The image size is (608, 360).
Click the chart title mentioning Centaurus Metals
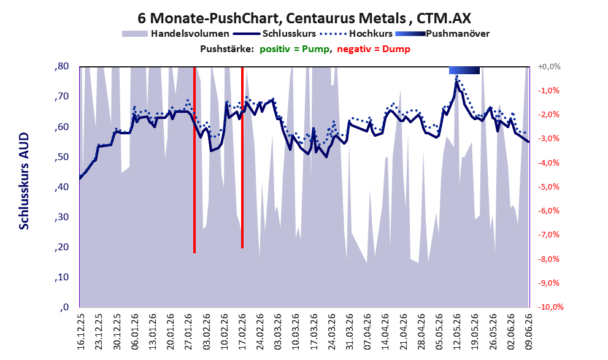point(304,18)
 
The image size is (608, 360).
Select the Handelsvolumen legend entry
point(175,34)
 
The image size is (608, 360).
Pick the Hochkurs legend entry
point(356,34)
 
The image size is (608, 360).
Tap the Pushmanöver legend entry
point(442,34)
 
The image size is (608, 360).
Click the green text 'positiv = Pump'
point(294,49)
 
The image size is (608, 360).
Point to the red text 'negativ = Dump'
point(374,49)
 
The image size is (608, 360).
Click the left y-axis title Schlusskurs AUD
point(24,181)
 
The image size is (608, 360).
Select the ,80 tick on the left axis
point(61,66)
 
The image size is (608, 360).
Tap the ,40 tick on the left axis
point(61,187)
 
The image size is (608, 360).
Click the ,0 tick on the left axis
point(64,307)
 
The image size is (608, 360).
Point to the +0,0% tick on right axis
point(549,67)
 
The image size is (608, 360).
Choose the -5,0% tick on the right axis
point(549,187)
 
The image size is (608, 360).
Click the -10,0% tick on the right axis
point(550,307)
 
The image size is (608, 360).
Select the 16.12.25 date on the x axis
point(80,331)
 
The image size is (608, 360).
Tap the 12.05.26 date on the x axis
point(457,331)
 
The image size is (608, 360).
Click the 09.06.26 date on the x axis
point(528,331)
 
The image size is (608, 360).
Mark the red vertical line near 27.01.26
point(194,160)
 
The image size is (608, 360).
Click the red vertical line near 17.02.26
point(242,158)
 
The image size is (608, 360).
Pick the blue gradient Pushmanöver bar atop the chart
point(464,70)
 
